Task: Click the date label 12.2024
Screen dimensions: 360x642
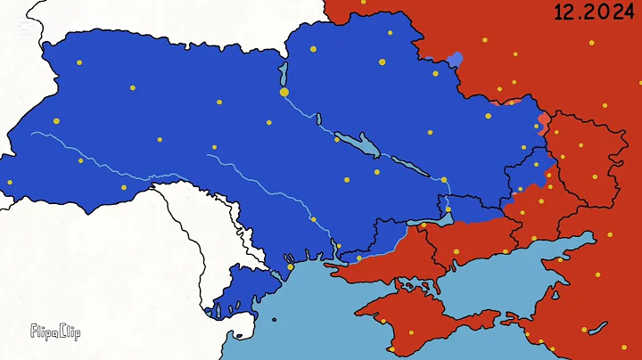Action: (588, 13)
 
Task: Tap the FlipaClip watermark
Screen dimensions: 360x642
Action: (55, 332)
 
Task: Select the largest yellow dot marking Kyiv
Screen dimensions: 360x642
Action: (284, 92)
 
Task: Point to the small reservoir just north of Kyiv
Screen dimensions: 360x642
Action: (283, 72)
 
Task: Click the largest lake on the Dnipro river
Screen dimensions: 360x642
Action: (361, 142)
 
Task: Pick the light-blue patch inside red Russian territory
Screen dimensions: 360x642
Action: (455, 60)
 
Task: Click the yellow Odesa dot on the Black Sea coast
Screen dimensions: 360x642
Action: (290, 266)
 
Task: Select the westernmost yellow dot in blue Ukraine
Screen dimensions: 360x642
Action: (11, 183)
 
